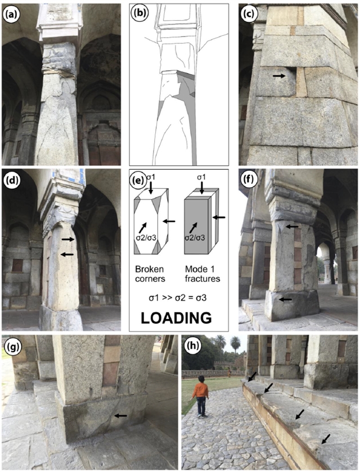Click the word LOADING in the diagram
176,318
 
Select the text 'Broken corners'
150,274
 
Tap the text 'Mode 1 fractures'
202,274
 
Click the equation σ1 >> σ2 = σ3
177,298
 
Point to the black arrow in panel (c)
278,76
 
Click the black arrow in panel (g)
121,416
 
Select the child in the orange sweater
200,396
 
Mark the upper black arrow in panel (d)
68,239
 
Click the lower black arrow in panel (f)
285,299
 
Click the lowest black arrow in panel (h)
325,439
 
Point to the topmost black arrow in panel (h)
253,376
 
